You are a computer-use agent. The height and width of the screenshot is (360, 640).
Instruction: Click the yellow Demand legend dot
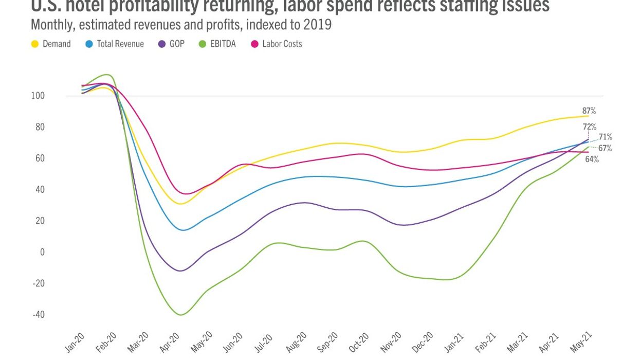tap(35, 44)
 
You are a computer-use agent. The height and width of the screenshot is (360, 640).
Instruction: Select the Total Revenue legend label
tap(120, 44)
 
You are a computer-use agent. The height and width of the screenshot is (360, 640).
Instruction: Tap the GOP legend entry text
tap(177, 44)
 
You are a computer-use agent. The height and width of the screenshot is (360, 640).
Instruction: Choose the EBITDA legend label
tap(223, 44)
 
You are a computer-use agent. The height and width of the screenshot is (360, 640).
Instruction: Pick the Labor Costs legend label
tap(282, 44)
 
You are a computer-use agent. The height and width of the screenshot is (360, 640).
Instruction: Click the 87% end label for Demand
tap(589, 111)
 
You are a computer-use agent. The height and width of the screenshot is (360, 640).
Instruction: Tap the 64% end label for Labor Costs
tap(591, 159)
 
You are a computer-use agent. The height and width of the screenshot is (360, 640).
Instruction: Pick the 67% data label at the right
tap(605, 149)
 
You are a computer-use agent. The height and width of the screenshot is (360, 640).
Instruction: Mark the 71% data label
tap(605, 137)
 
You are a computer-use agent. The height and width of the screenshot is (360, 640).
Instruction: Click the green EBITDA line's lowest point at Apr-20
tap(181, 315)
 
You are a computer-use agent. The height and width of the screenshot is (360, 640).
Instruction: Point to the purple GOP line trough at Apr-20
tap(180, 271)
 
